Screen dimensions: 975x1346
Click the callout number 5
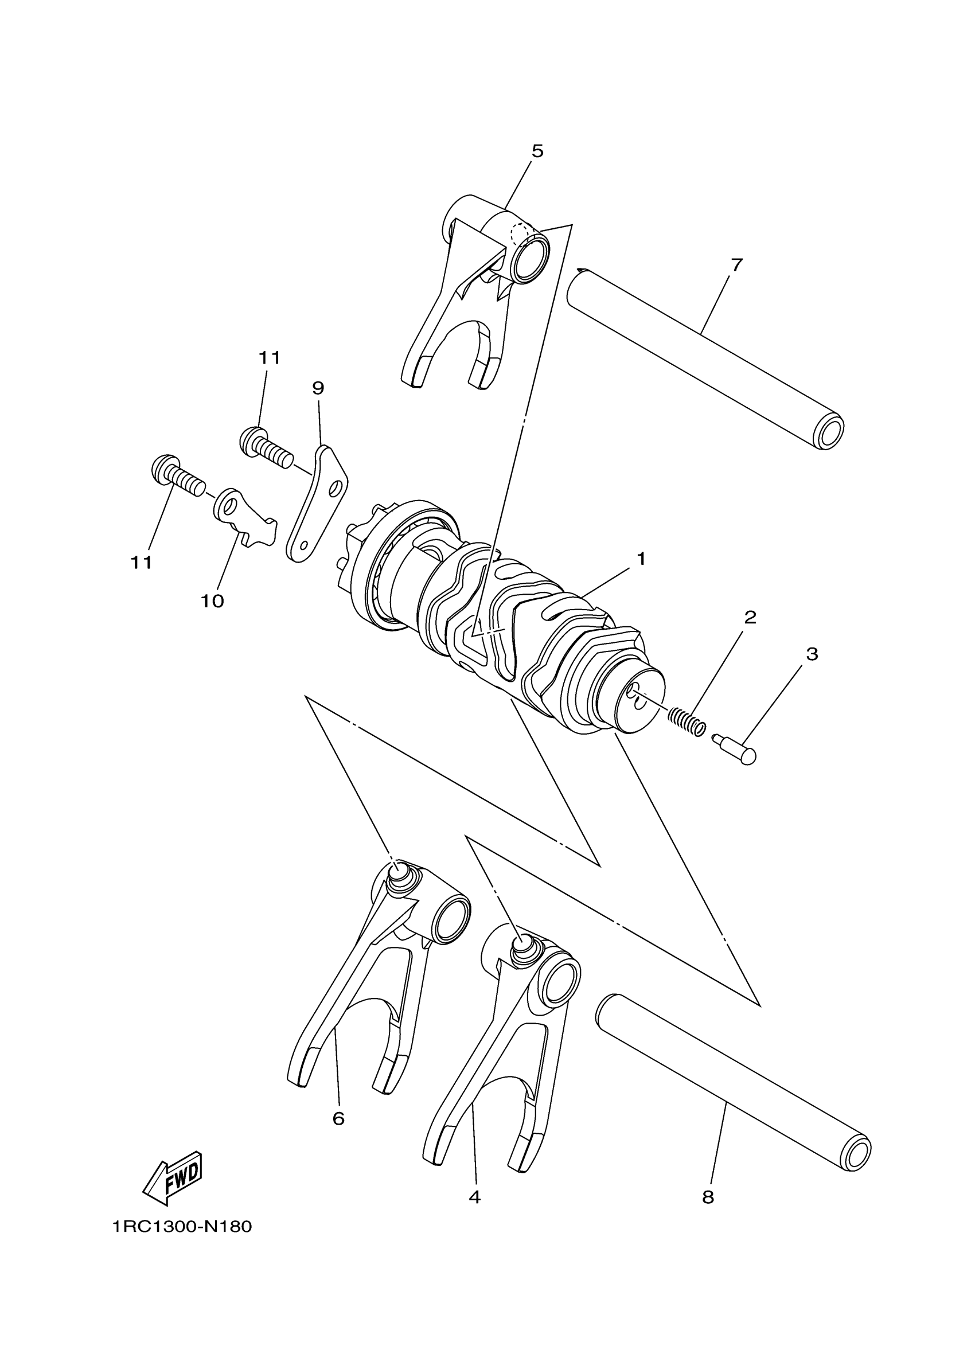pyautogui.click(x=536, y=151)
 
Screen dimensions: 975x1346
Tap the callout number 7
pyautogui.click(x=736, y=266)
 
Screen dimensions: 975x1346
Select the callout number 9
pyautogui.click(x=318, y=388)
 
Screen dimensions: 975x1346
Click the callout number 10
pyautogui.click(x=212, y=601)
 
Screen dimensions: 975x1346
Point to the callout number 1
pyautogui.click(x=641, y=559)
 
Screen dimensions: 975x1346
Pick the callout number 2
pyautogui.click(x=750, y=618)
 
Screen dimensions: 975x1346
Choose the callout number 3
pyautogui.click(x=812, y=654)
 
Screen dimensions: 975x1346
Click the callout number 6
pyautogui.click(x=338, y=1119)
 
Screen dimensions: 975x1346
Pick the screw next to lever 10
pyautogui.click(x=173, y=474)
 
